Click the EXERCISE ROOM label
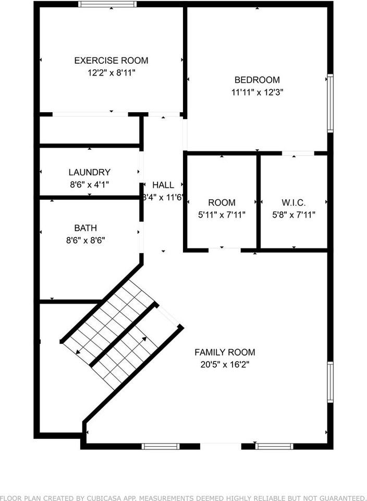tap(111, 61)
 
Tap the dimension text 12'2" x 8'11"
tap(111, 73)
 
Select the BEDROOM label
tap(257, 80)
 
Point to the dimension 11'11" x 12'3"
tap(257, 92)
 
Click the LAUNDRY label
tap(90, 172)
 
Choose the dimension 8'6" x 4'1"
tap(90, 184)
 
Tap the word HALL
tap(163, 185)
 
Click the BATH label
tap(85, 228)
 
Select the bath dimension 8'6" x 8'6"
tap(85, 241)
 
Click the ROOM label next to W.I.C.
tap(222, 202)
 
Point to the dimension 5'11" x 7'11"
tap(222, 214)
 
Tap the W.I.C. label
tap(293, 202)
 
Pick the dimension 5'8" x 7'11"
tap(293, 214)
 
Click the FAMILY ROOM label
tap(225, 352)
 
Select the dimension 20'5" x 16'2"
tap(225, 365)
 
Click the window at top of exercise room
tap(107, 4)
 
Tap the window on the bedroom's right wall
tap(330, 103)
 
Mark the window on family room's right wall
tap(330, 383)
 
